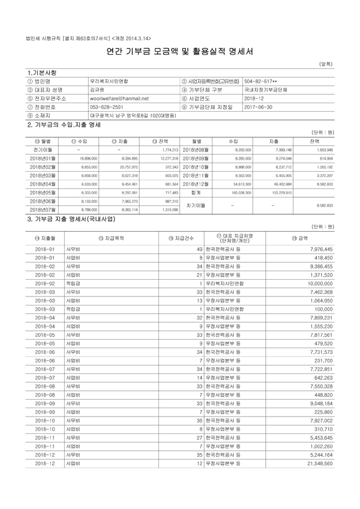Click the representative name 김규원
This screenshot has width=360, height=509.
tap(98, 89)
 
